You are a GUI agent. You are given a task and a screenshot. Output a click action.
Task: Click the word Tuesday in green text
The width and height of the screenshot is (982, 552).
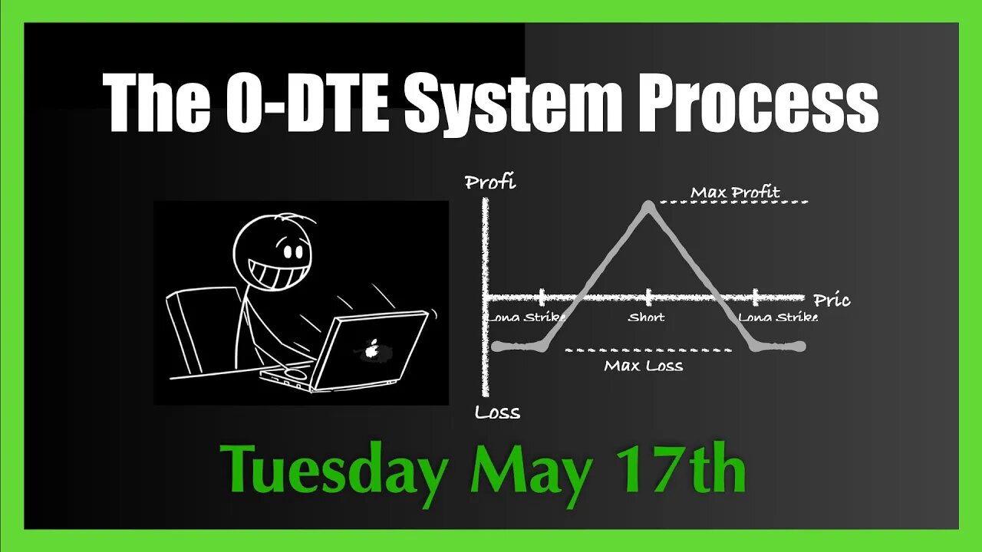334,469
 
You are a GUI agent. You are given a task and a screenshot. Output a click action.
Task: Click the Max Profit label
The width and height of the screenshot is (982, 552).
735,192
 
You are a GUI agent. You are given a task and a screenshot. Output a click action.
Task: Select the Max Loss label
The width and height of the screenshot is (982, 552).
643,366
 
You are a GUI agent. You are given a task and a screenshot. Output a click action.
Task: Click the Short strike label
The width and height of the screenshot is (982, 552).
646,317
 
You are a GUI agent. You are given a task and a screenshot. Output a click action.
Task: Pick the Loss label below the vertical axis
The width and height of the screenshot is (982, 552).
497,412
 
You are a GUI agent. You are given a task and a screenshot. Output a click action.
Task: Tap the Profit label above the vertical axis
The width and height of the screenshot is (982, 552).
490,182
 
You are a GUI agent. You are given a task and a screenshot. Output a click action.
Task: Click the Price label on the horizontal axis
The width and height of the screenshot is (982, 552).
832,300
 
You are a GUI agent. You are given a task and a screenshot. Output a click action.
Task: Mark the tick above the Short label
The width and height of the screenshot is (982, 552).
649,297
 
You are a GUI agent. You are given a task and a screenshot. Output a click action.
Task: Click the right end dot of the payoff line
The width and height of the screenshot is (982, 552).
801,347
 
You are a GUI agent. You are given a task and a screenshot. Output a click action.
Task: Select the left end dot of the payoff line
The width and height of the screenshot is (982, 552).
496,347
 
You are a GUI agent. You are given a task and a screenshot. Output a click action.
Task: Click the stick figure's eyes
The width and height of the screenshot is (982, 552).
292,251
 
